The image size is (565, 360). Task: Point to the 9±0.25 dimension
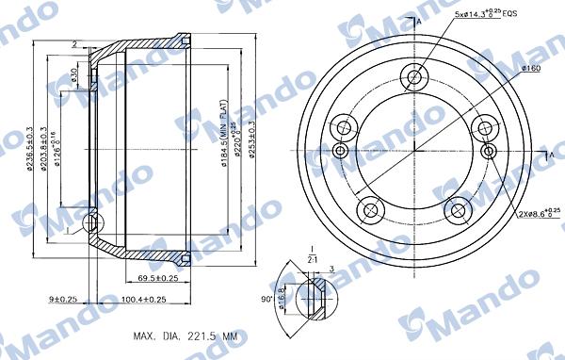pos(63,300)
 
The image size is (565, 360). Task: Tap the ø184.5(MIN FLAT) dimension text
pos(222,151)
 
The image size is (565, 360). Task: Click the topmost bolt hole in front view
pos(414,77)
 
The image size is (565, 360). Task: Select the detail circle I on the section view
pos(90,224)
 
